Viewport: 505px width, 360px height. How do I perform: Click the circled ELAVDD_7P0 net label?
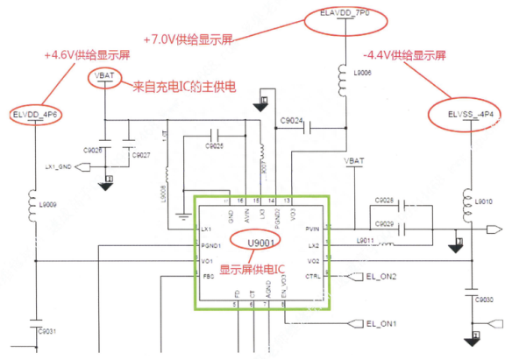point(344,15)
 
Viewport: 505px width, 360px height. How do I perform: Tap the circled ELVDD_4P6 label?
point(36,115)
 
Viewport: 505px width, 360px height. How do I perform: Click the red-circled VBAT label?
point(103,77)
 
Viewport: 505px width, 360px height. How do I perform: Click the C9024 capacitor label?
point(292,121)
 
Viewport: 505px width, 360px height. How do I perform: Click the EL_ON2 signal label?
point(383,277)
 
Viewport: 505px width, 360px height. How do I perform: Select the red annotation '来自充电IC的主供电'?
point(185,87)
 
